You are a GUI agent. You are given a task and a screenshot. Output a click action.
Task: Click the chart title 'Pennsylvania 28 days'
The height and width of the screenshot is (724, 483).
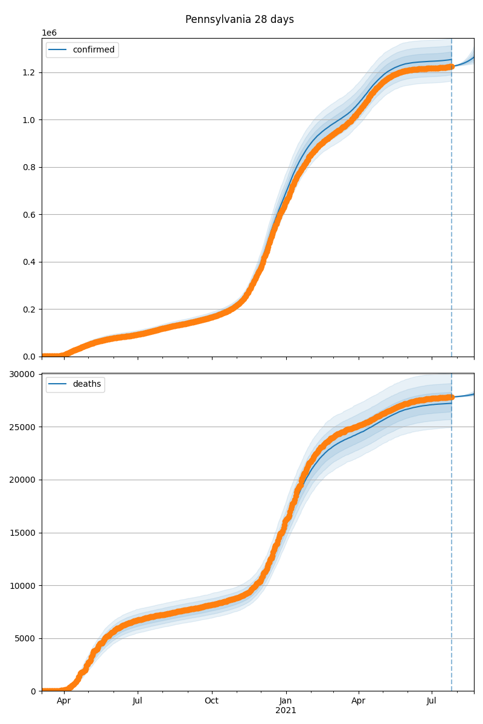pos(240,19)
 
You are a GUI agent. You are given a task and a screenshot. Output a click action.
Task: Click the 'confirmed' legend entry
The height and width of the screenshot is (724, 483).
pos(93,49)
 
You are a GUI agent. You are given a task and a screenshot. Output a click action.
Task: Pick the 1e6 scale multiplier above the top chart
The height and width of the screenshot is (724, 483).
pos(49,33)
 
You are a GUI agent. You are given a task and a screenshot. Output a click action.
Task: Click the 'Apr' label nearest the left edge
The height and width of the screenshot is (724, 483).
pos(63,700)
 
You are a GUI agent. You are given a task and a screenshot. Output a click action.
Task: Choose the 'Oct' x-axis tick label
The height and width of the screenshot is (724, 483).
pos(211,700)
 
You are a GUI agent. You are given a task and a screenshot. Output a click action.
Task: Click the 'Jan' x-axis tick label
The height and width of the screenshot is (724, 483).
pos(286,700)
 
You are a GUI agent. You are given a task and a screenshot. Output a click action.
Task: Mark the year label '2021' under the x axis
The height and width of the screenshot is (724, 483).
pos(286,710)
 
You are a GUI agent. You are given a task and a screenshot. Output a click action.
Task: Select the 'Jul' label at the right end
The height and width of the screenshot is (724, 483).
pos(432,700)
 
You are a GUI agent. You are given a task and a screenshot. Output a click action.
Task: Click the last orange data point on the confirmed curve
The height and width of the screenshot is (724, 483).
pos(451,67)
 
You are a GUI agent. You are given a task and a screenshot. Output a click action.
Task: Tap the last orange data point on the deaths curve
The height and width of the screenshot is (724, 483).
pos(451,397)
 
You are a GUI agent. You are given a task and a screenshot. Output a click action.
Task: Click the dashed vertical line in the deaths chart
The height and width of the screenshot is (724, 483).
pos(452,543)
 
